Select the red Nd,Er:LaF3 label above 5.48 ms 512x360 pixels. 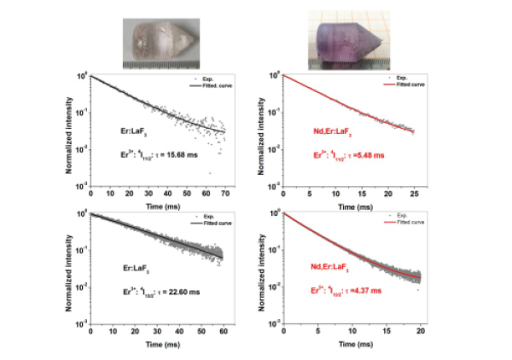tap(331, 132)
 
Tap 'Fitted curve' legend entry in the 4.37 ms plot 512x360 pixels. tap(402, 225)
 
